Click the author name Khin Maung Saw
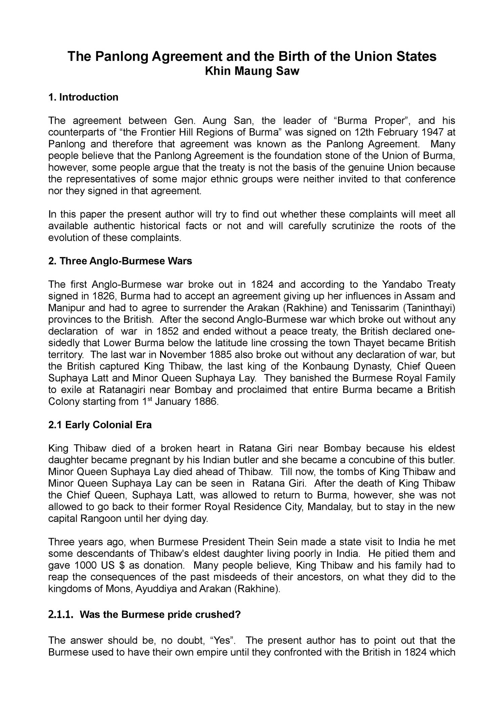tap(252, 71)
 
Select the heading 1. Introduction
tap(83, 98)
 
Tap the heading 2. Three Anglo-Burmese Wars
tap(120, 261)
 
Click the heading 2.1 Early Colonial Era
tap(100, 425)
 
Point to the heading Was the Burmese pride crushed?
tap(160, 615)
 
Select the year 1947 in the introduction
tap(427, 133)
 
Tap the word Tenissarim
tap(373, 308)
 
